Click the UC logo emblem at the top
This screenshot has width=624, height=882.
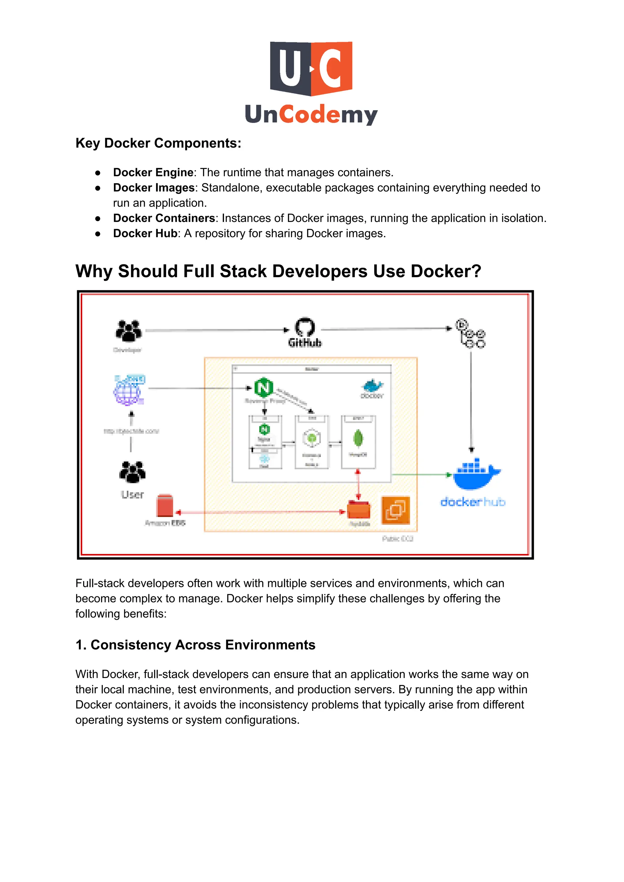click(x=311, y=68)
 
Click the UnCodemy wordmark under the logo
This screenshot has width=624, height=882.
click(x=311, y=114)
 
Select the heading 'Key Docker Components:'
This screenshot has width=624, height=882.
click(x=158, y=143)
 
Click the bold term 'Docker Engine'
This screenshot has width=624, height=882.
click(x=153, y=172)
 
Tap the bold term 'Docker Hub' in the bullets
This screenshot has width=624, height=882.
click(x=145, y=233)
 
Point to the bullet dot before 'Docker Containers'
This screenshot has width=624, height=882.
click(x=98, y=218)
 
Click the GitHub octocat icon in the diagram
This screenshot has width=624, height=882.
click(x=305, y=327)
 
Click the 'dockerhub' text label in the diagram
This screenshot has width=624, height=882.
click(x=473, y=502)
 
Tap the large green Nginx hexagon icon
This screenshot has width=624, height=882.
click(x=264, y=387)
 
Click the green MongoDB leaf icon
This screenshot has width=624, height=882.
click(x=358, y=438)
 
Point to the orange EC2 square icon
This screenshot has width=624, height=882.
click(x=395, y=510)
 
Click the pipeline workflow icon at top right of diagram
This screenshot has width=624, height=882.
click(x=471, y=333)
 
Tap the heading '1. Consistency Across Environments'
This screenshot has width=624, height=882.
click(x=195, y=645)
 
